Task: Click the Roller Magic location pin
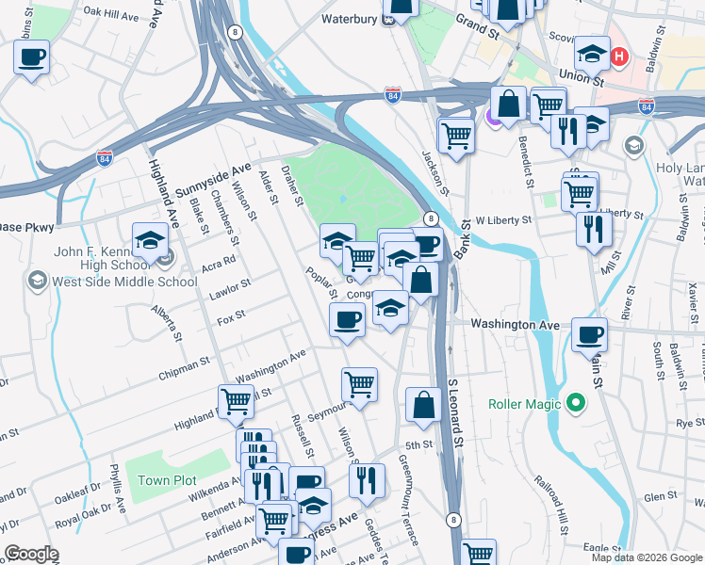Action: pyautogui.click(x=574, y=404)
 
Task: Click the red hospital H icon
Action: pyautogui.click(x=619, y=56)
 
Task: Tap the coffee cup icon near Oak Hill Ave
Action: pyautogui.click(x=31, y=56)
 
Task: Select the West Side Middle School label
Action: pyautogui.click(x=106, y=281)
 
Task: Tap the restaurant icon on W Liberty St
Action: pyautogui.click(x=593, y=229)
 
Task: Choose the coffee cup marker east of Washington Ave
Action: pyautogui.click(x=589, y=333)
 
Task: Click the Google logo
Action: pyautogui.click(x=31, y=554)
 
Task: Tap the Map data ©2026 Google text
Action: pyautogui.click(x=647, y=557)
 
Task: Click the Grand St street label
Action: pyautogui.click(x=477, y=18)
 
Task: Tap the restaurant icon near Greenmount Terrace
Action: pyautogui.click(x=367, y=479)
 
